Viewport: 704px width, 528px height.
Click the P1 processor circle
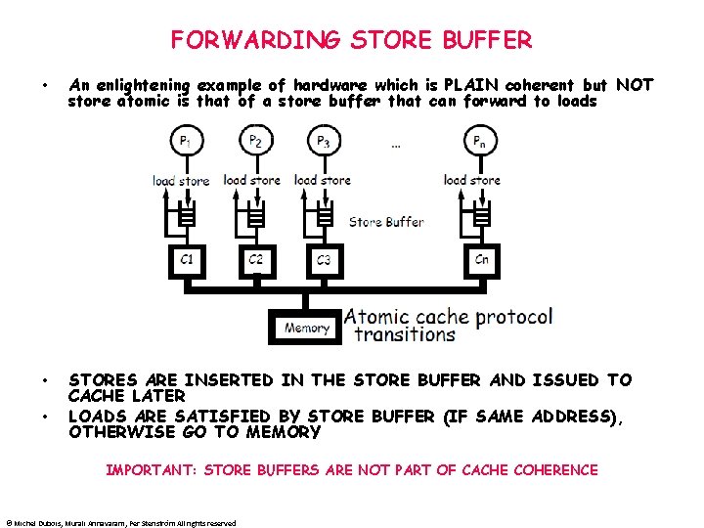[x=184, y=144]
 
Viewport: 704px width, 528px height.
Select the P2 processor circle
[x=254, y=144]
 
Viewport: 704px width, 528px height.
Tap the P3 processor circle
[x=323, y=144]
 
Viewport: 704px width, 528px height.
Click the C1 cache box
[x=187, y=260]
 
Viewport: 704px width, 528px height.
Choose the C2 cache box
[x=256, y=260]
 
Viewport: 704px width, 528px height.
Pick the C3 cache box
[x=325, y=260]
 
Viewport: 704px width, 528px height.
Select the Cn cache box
[x=481, y=260]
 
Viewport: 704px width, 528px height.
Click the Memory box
[x=306, y=329]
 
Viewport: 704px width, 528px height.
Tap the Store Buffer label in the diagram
[x=386, y=222]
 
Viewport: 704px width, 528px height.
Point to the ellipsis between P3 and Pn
[x=395, y=147]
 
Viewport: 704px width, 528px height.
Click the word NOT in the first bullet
[x=635, y=85]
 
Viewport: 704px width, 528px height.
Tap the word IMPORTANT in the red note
[x=151, y=470]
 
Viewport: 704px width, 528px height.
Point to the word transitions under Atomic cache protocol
[x=405, y=334]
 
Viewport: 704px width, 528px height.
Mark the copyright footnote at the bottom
[x=121, y=523]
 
